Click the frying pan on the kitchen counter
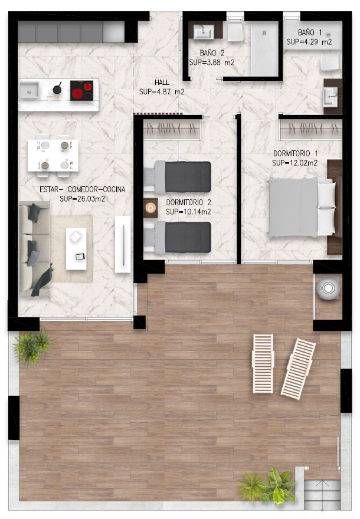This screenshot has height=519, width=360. click(x=57, y=89)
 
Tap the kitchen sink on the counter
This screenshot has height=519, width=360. click(x=29, y=90)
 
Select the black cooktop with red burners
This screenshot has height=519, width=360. click(x=82, y=90)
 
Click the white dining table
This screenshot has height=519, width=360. click(x=53, y=155)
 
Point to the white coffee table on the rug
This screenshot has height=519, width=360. click(x=76, y=248)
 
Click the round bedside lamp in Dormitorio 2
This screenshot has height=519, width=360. click(x=150, y=208)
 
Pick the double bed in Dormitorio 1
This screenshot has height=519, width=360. click(x=302, y=207)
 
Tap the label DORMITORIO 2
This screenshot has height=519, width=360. click(x=188, y=202)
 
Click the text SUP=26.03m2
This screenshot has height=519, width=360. click(x=82, y=199)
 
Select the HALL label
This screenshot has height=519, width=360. click(x=162, y=82)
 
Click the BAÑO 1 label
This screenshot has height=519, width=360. click(x=310, y=32)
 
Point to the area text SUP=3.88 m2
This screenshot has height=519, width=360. click(x=212, y=63)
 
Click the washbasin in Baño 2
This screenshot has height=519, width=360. click(x=202, y=32)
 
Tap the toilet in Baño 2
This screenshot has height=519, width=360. click(x=235, y=31)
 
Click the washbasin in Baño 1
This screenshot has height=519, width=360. click(x=330, y=97)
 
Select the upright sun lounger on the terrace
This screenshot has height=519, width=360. click(x=263, y=363)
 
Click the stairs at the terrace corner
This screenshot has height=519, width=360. click(x=322, y=494)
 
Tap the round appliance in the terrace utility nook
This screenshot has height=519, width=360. click(x=328, y=288)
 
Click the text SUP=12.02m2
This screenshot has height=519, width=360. click(x=294, y=163)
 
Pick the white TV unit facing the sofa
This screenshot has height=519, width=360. click(x=123, y=244)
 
